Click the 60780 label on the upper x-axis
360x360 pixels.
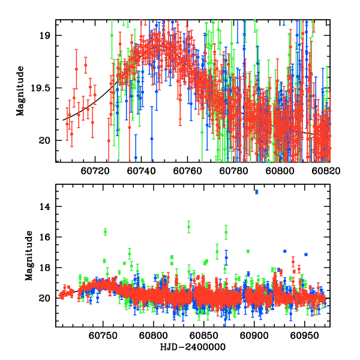click(x=231, y=170)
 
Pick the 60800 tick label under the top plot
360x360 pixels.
click(x=275, y=170)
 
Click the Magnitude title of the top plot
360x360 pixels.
click(x=20, y=91)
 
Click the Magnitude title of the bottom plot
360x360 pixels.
click(x=28, y=256)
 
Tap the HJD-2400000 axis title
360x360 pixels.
click(x=192, y=347)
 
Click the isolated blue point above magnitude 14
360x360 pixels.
click(x=256, y=191)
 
